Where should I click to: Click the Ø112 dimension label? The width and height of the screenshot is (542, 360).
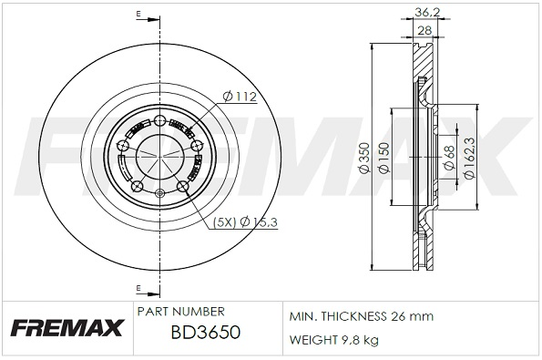(240, 97)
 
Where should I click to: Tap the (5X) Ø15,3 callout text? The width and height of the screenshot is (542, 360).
(245, 222)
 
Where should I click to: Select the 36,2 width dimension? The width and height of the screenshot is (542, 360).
(427, 13)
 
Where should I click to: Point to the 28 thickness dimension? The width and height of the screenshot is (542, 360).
(424, 30)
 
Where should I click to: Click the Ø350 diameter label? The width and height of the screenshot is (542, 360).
(364, 158)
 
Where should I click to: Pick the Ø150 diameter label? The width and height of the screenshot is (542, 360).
(384, 158)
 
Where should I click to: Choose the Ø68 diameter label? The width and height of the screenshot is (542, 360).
(449, 158)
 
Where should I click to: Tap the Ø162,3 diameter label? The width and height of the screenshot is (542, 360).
(469, 158)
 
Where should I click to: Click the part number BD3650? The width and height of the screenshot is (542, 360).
(206, 333)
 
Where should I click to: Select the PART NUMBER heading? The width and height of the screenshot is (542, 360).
(180, 311)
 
